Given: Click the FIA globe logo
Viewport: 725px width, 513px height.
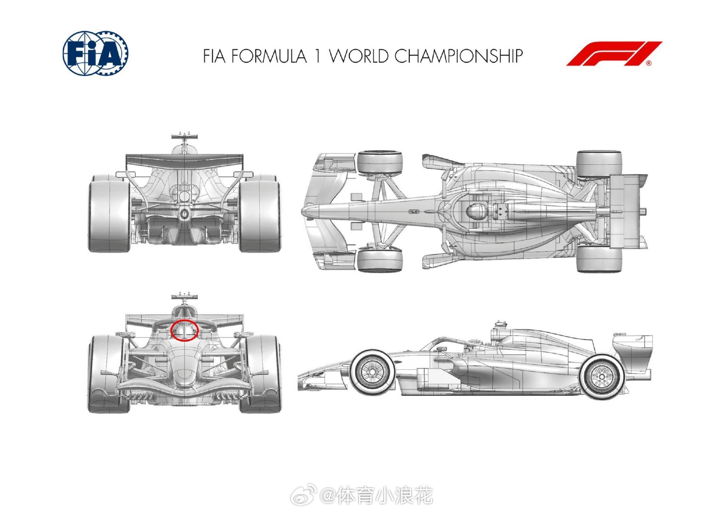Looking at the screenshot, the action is [x=95, y=53].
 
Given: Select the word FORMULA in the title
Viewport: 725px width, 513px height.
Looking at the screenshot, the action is [x=269, y=56].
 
